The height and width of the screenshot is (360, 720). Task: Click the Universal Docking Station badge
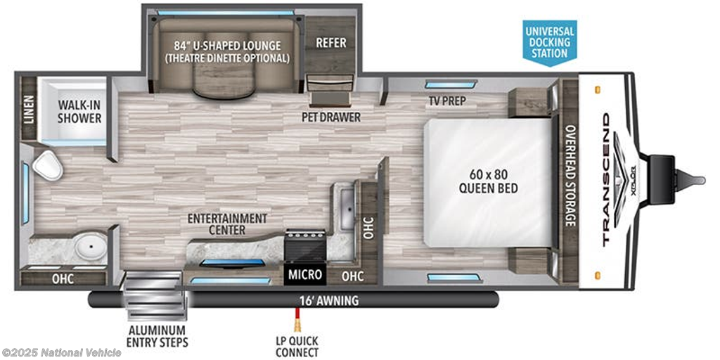[x=550, y=42]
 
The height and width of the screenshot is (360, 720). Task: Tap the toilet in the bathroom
[x=47, y=165]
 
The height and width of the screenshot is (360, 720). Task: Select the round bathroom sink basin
[x=91, y=245]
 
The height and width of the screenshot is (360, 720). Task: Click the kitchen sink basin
[x=347, y=211]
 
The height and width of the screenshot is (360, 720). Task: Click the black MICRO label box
[x=305, y=275]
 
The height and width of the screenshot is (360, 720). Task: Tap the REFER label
[x=330, y=43]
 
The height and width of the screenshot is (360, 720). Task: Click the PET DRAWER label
[x=330, y=117]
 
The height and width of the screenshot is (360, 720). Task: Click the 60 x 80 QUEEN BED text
[x=494, y=181]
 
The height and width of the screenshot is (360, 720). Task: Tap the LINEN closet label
[x=28, y=109]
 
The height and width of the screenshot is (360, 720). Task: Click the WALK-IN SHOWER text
[x=79, y=111]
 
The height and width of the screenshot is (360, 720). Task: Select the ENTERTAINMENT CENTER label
[x=227, y=224]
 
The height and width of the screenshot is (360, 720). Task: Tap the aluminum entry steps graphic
[x=155, y=296]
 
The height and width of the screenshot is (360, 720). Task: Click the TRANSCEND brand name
[x=606, y=179]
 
